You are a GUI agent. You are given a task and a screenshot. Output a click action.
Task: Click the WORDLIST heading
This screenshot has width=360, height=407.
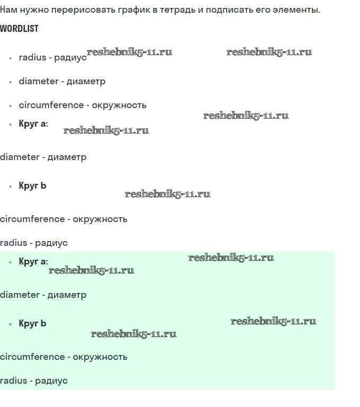point(19,29)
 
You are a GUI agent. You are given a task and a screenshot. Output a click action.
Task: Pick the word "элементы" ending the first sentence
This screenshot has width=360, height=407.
point(296,10)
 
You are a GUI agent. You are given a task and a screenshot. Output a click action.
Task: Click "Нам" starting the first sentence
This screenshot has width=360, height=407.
point(8,10)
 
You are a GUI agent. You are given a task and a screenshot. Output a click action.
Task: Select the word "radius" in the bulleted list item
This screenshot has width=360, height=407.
point(32,57)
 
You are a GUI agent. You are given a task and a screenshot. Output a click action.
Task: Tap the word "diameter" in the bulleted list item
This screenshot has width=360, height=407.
point(39,81)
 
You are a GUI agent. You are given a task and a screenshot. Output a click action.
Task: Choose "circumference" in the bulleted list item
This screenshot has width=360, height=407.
point(51,105)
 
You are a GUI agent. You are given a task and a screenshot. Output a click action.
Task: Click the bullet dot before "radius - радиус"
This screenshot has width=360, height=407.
point(11,58)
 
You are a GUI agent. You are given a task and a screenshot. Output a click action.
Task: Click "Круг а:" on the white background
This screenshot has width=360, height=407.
point(33,123)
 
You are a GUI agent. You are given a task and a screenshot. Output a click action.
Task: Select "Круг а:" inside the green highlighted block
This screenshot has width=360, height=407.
point(33,261)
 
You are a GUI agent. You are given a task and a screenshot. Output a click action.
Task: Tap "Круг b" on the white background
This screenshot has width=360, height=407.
point(32,185)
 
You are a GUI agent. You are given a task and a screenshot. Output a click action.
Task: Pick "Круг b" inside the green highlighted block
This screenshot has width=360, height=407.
point(32,323)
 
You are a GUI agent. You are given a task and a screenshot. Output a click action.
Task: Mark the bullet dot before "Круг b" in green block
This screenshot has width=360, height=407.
point(11,324)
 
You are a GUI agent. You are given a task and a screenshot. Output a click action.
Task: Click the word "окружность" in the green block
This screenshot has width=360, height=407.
point(100,357)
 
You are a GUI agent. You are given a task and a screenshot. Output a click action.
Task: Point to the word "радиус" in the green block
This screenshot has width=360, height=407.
point(51,381)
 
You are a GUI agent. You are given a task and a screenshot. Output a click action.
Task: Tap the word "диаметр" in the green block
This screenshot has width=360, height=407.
point(67,295)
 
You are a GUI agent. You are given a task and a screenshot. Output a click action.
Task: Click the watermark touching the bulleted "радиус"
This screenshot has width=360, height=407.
point(129,52)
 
